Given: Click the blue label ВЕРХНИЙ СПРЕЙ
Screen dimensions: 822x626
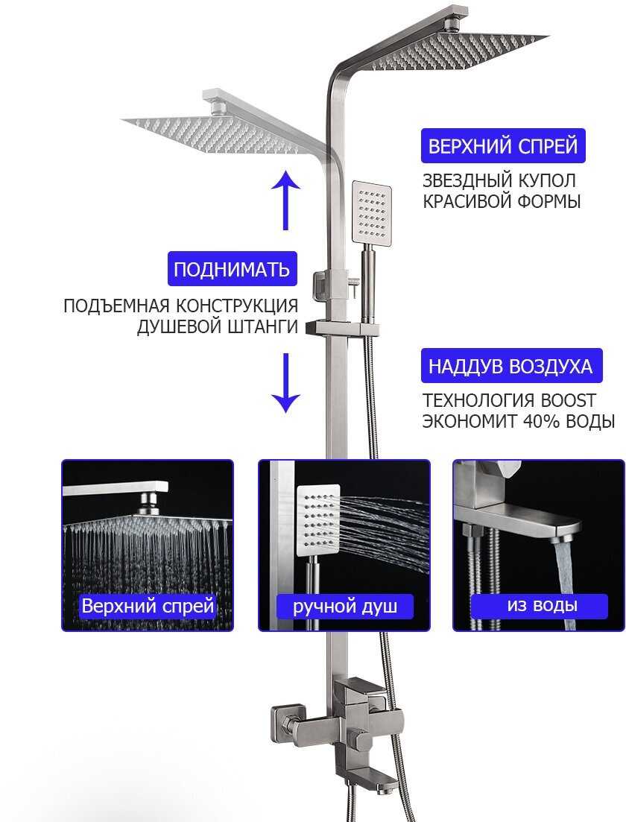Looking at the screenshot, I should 503,145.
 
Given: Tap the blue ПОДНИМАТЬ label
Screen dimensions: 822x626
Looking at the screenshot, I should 231,269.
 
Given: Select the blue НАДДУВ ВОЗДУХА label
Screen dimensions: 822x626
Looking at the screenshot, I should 510,367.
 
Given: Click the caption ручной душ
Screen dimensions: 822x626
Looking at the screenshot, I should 344,606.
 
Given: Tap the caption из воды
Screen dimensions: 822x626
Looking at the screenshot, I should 542,605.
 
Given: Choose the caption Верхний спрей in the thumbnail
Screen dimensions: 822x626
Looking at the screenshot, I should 148,606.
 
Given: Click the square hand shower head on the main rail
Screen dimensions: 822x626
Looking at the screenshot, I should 371,215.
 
